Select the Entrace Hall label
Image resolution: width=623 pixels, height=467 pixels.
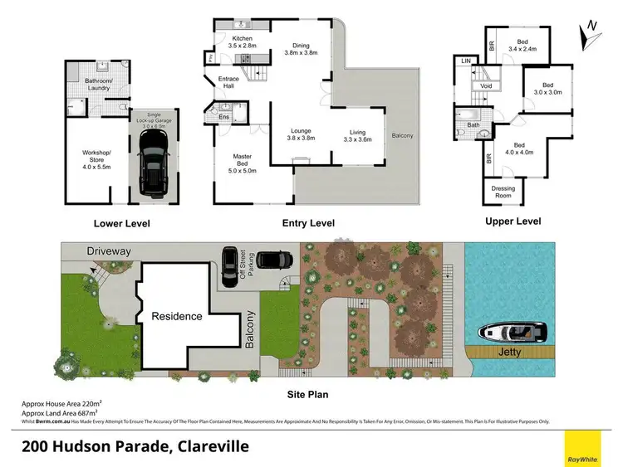tap(228, 82)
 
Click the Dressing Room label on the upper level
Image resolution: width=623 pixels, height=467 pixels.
tap(503, 192)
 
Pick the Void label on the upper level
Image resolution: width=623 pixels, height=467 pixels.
tap(486, 85)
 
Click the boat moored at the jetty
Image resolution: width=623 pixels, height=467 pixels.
tap(513, 333)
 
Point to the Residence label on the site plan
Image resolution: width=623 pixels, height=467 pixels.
tap(176, 316)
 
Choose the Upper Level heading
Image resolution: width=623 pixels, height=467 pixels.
tap(513, 221)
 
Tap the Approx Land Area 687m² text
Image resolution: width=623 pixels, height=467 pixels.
tap(60, 411)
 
